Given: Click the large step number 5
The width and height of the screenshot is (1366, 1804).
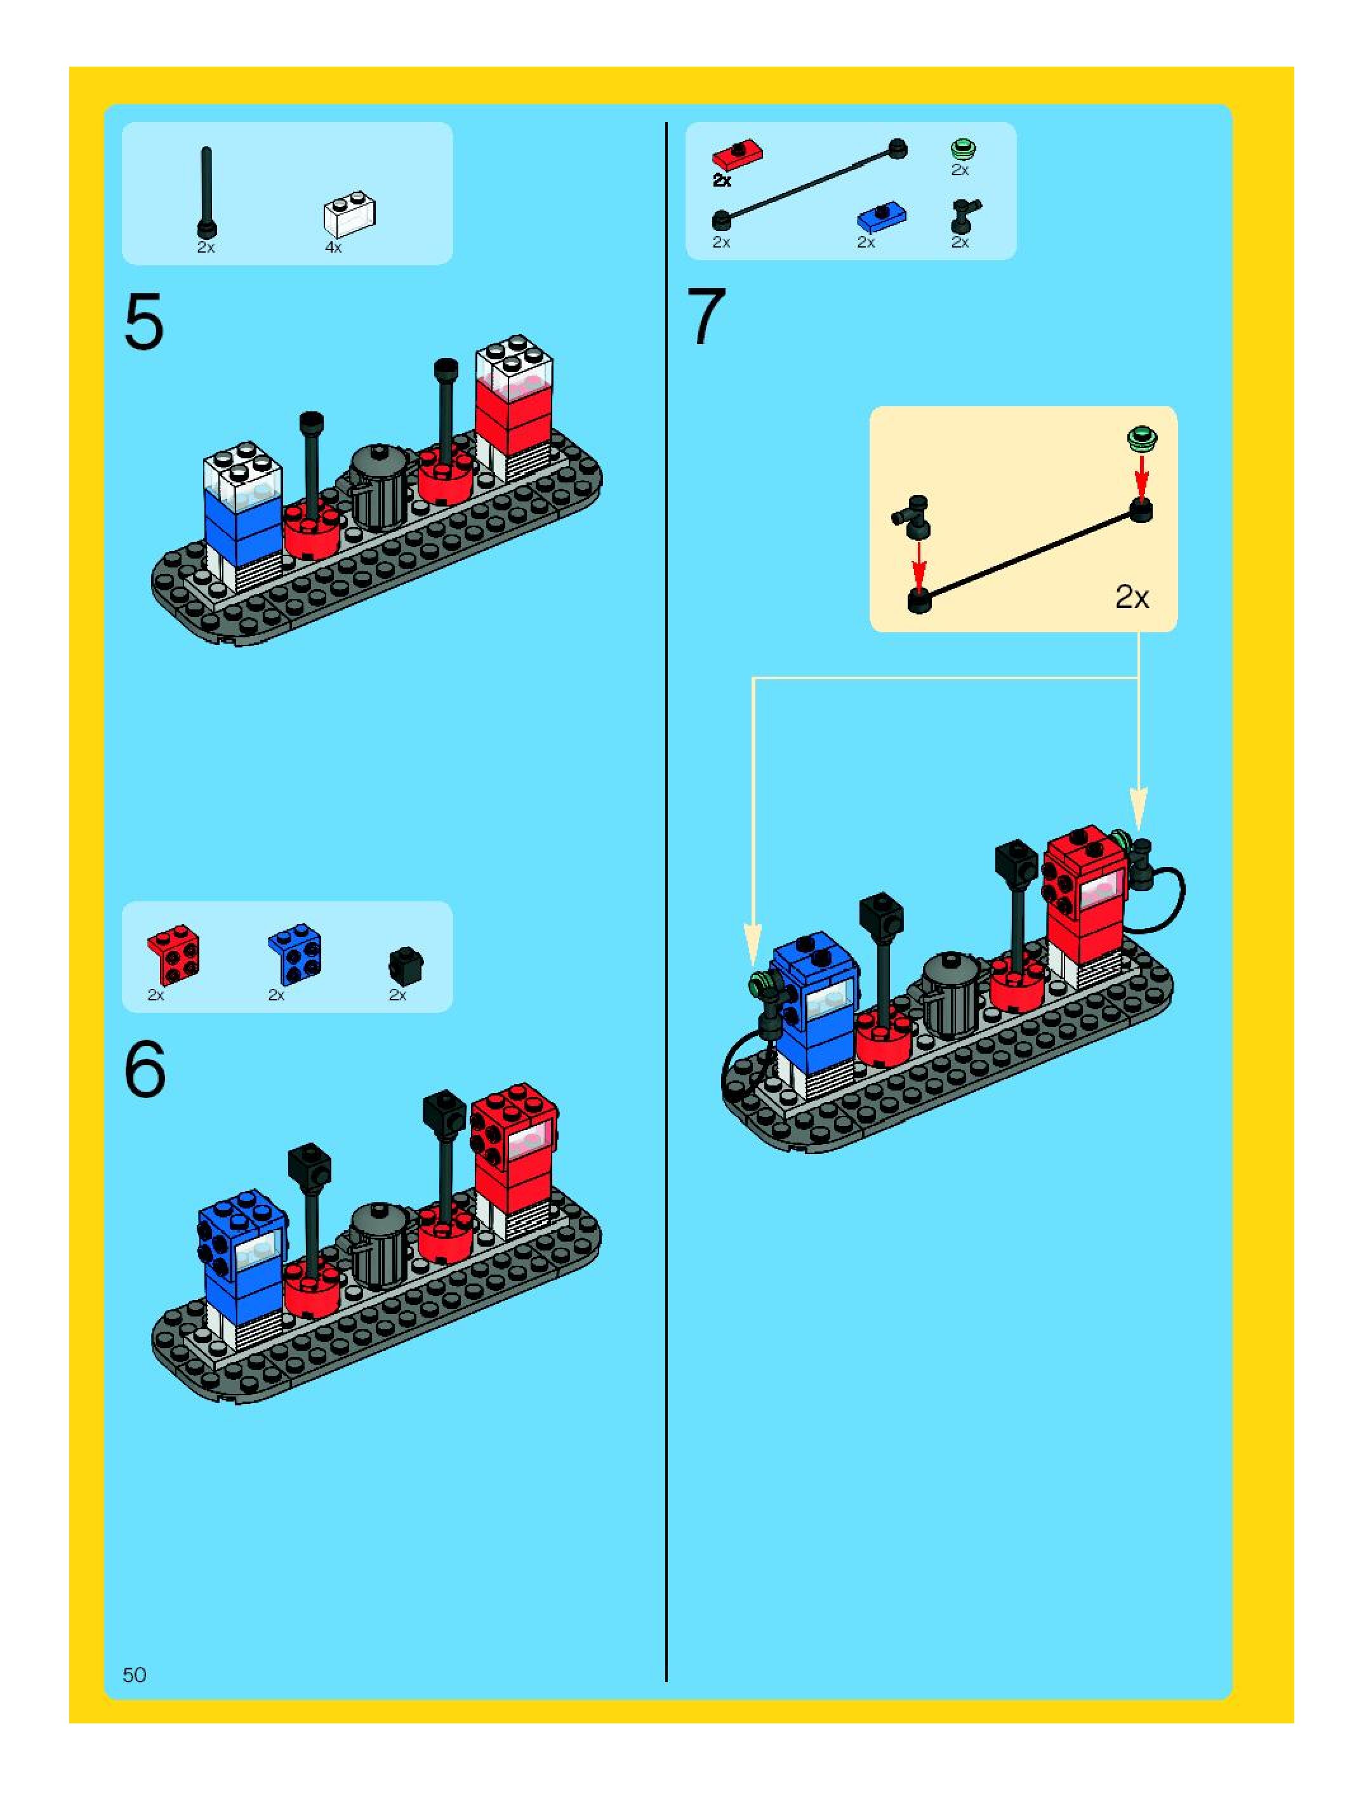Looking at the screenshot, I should click(143, 324).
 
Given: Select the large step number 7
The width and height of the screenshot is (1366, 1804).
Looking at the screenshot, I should click(706, 317).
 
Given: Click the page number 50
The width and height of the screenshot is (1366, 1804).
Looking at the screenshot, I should click(135, 1675).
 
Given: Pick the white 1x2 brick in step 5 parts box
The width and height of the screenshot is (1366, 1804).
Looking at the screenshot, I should click(350, 214).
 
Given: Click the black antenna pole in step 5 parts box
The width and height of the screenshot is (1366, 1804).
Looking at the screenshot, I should click(206, 191).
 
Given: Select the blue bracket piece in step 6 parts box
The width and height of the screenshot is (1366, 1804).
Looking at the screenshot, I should click(295, 953).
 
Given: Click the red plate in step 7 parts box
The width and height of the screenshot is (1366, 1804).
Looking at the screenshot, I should click(737, 154).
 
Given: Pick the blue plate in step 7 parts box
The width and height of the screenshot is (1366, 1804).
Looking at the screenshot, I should click(882, 218).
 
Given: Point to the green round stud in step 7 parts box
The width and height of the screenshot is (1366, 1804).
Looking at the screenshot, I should click(963, 149).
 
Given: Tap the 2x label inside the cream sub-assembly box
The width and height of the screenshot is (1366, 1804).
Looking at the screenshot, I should click(1132, 598).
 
